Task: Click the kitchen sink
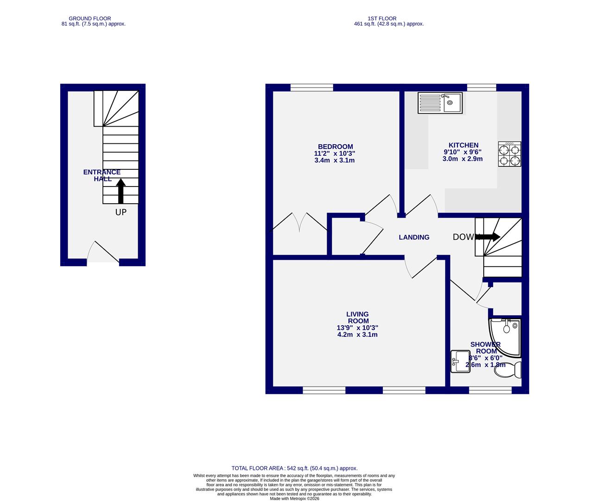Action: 440,103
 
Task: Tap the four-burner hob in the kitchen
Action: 509,154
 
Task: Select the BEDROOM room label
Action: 334,147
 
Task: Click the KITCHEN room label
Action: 463,145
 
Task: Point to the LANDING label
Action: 414,237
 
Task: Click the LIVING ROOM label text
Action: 358,318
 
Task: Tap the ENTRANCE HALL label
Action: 101,175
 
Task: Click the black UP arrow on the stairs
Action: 120,191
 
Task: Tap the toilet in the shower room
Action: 510,370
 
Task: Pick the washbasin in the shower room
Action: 460,361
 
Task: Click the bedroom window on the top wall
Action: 311,87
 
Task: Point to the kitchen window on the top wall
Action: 481,87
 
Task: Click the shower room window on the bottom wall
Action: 490,391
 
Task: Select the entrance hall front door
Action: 103,253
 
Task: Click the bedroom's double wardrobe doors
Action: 300,223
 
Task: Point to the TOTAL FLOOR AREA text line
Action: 294,469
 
